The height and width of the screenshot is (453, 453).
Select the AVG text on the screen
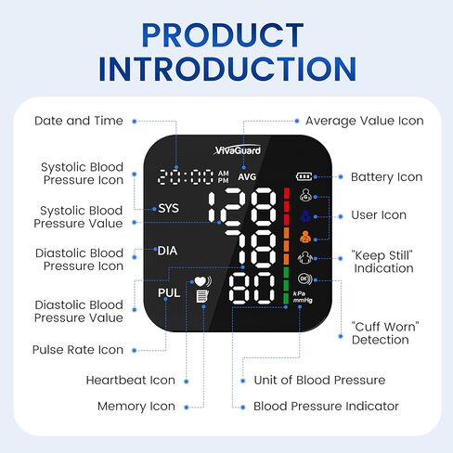[x=246, y=176]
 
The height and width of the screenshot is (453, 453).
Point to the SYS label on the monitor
[x=168, y=208]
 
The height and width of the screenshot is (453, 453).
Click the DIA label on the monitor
[x=167, y=251]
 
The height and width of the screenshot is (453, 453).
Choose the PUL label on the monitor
[x=168, y=293]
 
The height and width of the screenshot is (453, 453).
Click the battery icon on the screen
[x=305, y=176]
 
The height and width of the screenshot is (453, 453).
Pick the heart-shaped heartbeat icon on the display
[x=200, y=279]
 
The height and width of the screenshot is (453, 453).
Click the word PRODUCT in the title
[x=226, y=34]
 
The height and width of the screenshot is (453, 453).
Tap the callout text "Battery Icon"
[x=386, y=177]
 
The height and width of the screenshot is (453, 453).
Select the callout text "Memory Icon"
[x=136, y=406]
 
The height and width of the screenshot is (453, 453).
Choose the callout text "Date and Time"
[x=78, y=121]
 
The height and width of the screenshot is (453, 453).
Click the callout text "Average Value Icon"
[x=364, y=121]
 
